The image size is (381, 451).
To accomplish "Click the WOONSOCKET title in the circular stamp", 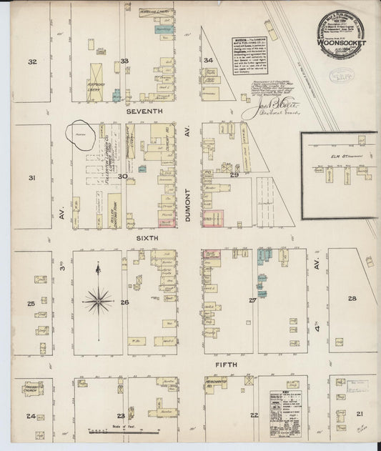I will pyautogui.click(x=347, y=43).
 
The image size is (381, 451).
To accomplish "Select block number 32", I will pyautogui.click(x=32, y=62).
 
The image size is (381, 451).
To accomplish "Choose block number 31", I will pyautogui.click(x=31, y=177).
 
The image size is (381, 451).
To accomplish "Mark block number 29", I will pyautogui.click(x=234, y=174).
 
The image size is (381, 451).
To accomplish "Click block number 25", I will pyautogui.click(x=31, y=304).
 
